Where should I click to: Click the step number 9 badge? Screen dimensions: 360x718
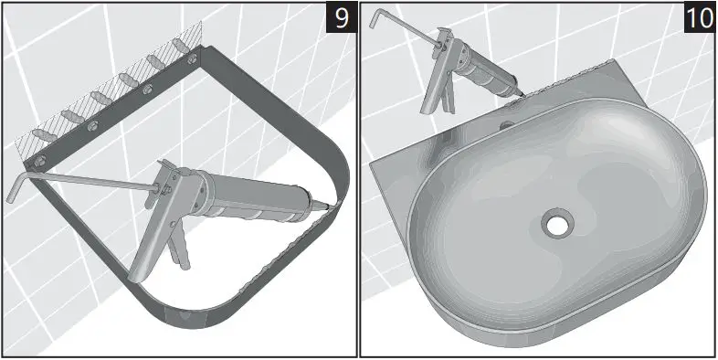pyautogui.click(x=341, y=19)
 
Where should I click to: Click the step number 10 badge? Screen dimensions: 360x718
pyautogui.click(x=699, y=19)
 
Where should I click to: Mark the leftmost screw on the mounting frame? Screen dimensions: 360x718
pyautogui.click(x=39, y=162)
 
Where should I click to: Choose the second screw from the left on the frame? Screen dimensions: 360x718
pyautogui.click(x=92, y=125)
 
